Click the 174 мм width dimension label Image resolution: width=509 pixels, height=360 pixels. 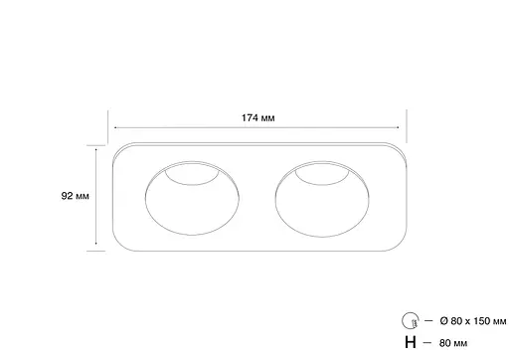pyautogui.click(x=258, y=117)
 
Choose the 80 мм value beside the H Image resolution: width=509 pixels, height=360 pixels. pyautogui.click(x=452, y=343)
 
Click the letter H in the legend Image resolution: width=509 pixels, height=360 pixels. pyautogui.click(x=410, y=343)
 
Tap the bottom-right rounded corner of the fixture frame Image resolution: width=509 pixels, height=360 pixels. pyautogui.click(x=400, y=246)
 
